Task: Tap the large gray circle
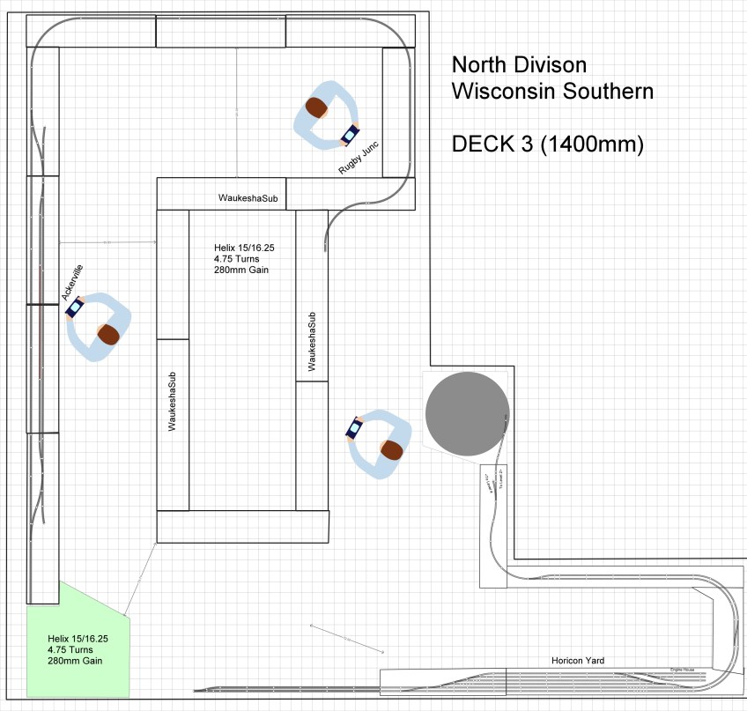point(467,413)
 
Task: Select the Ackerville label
point(73,281)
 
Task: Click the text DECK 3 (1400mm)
point(547,144)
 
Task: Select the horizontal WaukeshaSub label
point(248,199)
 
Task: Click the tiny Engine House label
point(683,670)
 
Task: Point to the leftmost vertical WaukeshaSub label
point(173,399)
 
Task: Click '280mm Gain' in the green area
point(76,660)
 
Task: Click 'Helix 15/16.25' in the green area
point(78,638)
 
